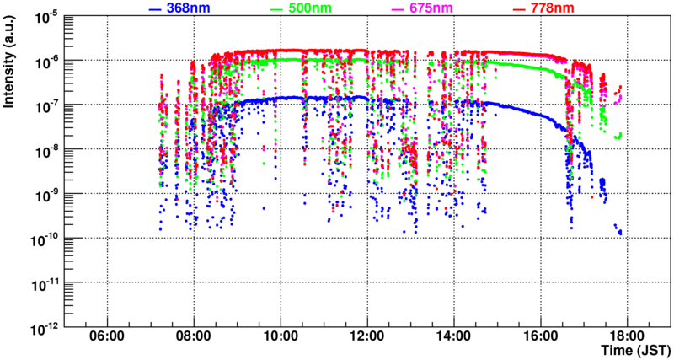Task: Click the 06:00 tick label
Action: pyautogui.click(x=107, y=335)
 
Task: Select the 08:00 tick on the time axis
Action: pyautogui.click(x=194, y=335)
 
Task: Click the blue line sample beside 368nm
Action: pyautogui.click(x=154, y=8)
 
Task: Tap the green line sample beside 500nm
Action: pyautogui.click(x=276, y=8)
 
